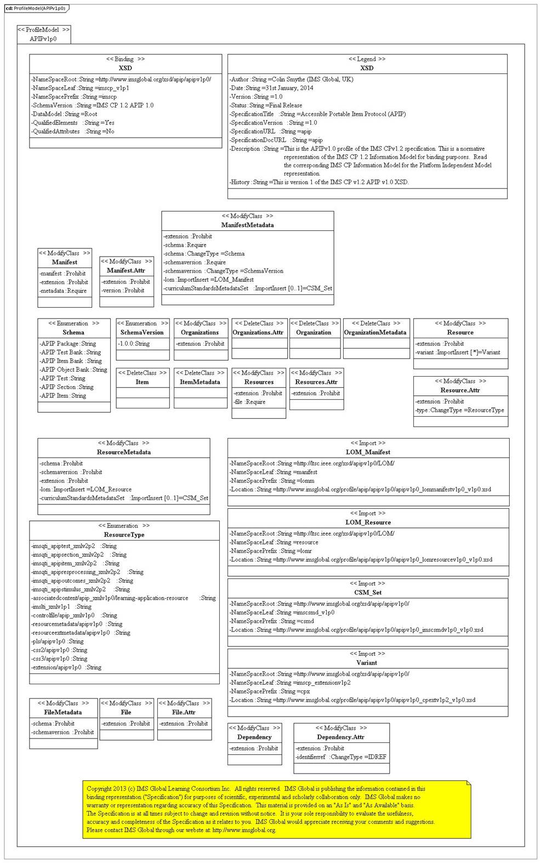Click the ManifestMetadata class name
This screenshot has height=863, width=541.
247,225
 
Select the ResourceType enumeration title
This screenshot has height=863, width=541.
124,535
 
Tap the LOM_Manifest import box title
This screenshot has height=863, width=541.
368,452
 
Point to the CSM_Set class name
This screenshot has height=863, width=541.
368,592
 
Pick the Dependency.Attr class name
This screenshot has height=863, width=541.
341,737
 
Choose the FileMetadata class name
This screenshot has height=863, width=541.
63,712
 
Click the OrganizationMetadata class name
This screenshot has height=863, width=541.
375,332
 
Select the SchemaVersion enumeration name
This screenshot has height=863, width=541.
142,332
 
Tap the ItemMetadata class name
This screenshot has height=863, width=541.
200,382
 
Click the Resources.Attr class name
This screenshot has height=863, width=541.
316,382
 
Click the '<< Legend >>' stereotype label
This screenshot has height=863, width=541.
367,59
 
